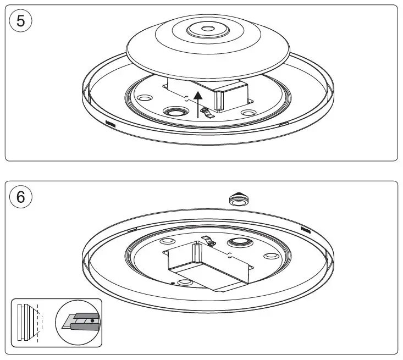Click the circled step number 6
tap(21, 196)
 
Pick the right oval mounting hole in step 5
tap(247, 113)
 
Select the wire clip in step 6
tap(209, 241)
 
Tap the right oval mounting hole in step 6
tap(270, 256)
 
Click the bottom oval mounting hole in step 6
tap(186, 283)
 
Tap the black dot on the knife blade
tap(92, 319)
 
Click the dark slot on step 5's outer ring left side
tap(110, 123)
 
